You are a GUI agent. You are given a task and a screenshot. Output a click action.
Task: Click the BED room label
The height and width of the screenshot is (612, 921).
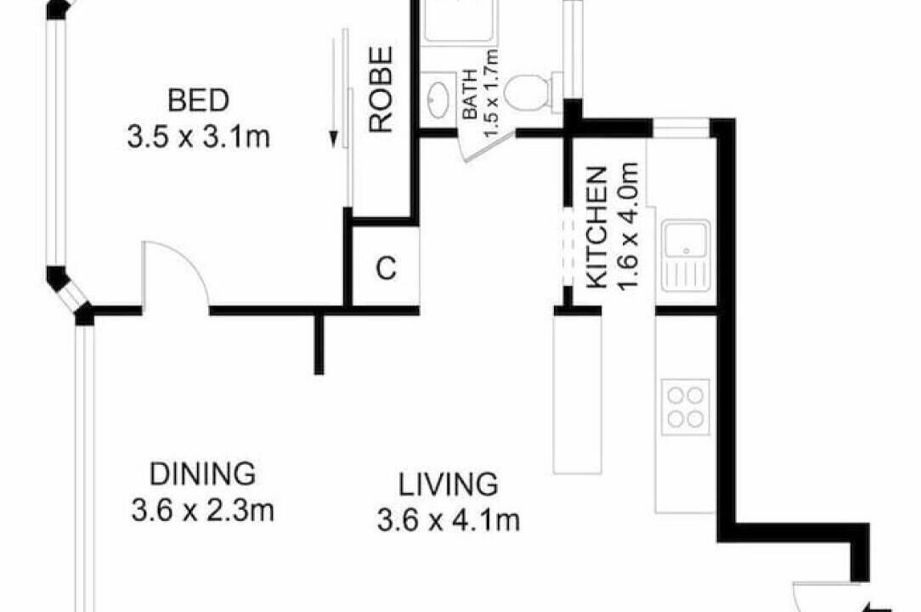tap(198, 100)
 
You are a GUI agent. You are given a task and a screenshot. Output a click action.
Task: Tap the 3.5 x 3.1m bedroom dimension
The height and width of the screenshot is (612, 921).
tap(199, 138)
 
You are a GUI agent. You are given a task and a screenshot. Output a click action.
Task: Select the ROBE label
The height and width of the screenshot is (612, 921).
tap(381, 89)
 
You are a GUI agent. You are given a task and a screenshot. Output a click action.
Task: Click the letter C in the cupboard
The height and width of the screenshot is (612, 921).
tap(386, 269)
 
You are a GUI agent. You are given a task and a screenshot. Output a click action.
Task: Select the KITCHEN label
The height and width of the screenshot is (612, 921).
tap(596, 228)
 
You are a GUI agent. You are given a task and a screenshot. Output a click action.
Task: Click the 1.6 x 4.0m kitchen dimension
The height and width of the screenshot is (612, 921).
tap(628, 226)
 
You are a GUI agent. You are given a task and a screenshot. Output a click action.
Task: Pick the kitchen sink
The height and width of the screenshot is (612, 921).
tap(686, 256)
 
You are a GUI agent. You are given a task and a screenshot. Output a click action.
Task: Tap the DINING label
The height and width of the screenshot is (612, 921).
tap(203, 473)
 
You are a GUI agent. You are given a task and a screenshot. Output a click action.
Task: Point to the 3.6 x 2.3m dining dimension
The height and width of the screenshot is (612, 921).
tap(203, 510)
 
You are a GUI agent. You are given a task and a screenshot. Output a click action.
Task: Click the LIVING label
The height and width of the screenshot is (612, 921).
tap(448, 484)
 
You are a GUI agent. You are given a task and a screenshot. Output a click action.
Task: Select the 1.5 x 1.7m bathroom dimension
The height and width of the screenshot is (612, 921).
tap(491, 93)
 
